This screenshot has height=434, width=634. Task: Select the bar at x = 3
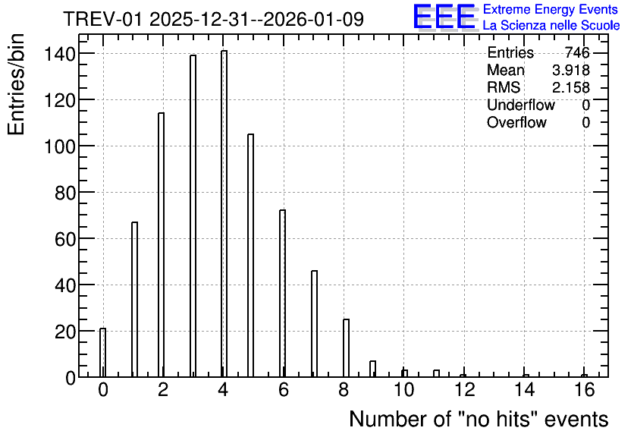coord(193,216)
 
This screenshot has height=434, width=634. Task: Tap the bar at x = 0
coord(102,353)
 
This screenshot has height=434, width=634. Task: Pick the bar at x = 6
coord(282,293)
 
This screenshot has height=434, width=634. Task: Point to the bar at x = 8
coord(346,348)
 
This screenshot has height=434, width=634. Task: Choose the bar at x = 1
coord(135,299)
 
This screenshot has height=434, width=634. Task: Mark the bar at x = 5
coord(251,255)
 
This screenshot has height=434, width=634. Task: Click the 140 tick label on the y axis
coord(60,54)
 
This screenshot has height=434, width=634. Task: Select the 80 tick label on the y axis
coord(65,193)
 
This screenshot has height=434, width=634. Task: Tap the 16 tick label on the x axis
coord(584,390)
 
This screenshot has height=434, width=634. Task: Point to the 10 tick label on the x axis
coord(404,390)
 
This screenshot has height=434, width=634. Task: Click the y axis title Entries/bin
coord(17,84)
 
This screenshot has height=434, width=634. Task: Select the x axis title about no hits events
coord(479,419)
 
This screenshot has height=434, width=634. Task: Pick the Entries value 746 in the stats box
coord(577,52)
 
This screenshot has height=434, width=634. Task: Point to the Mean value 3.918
coord(571,70)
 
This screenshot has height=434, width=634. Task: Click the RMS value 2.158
coord(571,87)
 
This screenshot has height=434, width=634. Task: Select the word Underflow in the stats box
coord(521,105)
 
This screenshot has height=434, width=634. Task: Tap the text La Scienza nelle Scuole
coord(551,26)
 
